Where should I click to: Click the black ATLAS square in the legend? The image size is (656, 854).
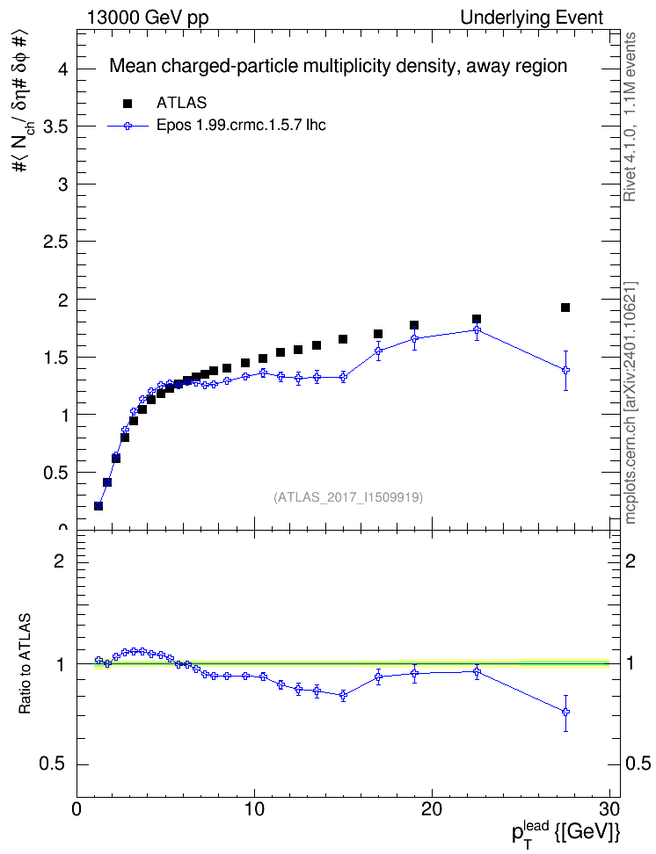(128, 104)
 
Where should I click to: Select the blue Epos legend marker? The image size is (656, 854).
(128, 126)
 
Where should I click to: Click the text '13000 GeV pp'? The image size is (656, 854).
(147, 18)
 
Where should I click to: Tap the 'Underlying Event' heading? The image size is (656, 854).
(532, 18)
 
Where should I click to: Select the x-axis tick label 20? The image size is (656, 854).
(432, 809)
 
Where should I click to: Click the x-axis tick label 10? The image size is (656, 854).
(254, 809)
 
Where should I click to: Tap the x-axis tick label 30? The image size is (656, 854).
(609, 809)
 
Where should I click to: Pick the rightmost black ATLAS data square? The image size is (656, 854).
(565, 308)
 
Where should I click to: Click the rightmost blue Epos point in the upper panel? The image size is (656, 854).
(565, 371)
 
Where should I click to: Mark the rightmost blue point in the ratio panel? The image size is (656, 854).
(565, 712)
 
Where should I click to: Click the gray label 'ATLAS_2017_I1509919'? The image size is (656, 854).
(348, 497)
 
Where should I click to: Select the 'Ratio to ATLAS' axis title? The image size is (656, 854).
(24, 663)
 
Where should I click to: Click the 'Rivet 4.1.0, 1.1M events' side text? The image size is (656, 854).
(630, 117)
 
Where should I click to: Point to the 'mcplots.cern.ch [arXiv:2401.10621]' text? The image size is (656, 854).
(630, 402)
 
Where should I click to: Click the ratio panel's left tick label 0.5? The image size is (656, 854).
(52, 764)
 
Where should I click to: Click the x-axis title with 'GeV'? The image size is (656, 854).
(566, 831)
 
